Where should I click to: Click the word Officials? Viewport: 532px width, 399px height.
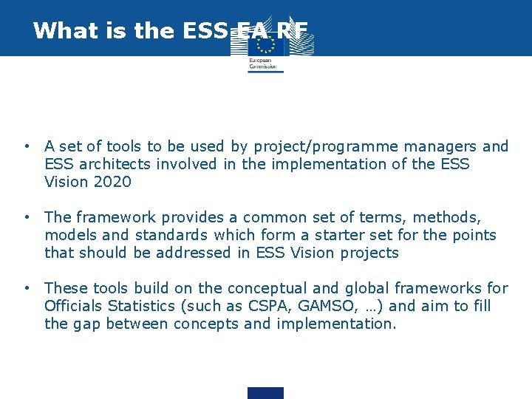tap(75, 306)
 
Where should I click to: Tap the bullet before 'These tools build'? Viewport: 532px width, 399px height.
tap(26, 288)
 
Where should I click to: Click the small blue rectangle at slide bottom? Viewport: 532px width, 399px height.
tap(265, 393)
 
